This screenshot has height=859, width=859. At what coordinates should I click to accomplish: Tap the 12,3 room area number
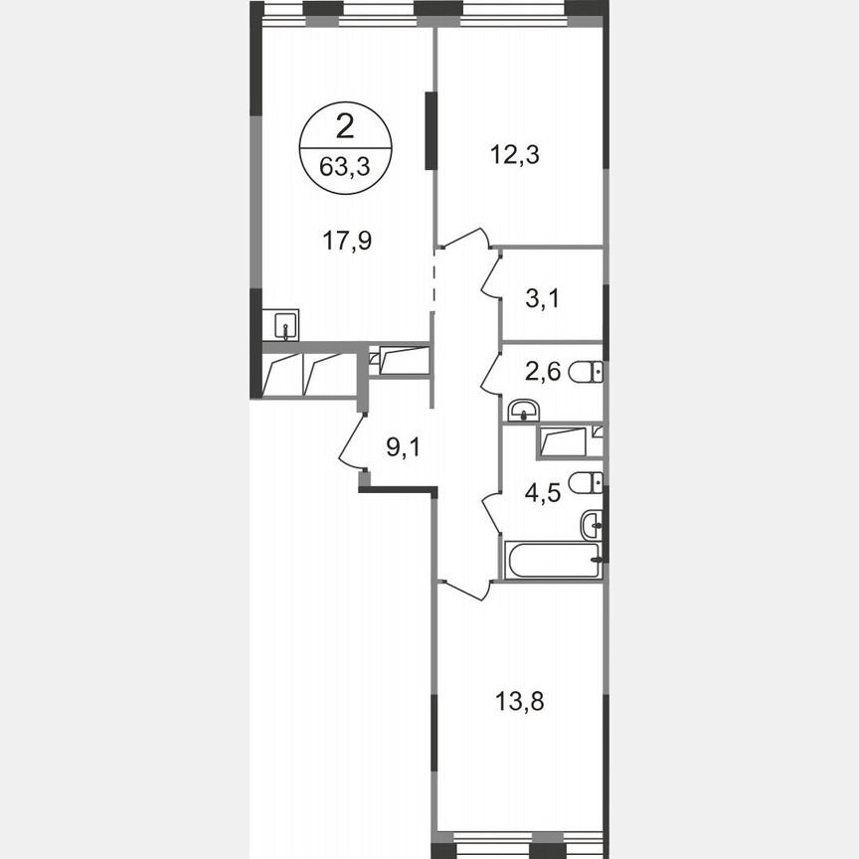pyautogui.click(x=515, y=154)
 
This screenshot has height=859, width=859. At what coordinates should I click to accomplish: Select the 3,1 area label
pyautogui.click(x=542, y=298)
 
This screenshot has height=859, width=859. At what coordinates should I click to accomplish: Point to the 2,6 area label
pyautogui.click(x=543, y=372)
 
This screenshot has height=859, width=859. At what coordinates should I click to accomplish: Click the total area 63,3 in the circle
pyautogui.click(x=344, y=166)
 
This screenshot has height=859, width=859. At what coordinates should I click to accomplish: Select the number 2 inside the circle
pyautogui.click(x=344, y=126)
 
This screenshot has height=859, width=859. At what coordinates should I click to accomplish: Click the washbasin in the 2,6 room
pyautogui.click(x=523, y=410)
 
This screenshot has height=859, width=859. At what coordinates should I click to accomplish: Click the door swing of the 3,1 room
pyautogui.click(x=491, y=273)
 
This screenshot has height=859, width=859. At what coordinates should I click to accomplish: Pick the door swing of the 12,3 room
pyautogui.click(x=461, y=239)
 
